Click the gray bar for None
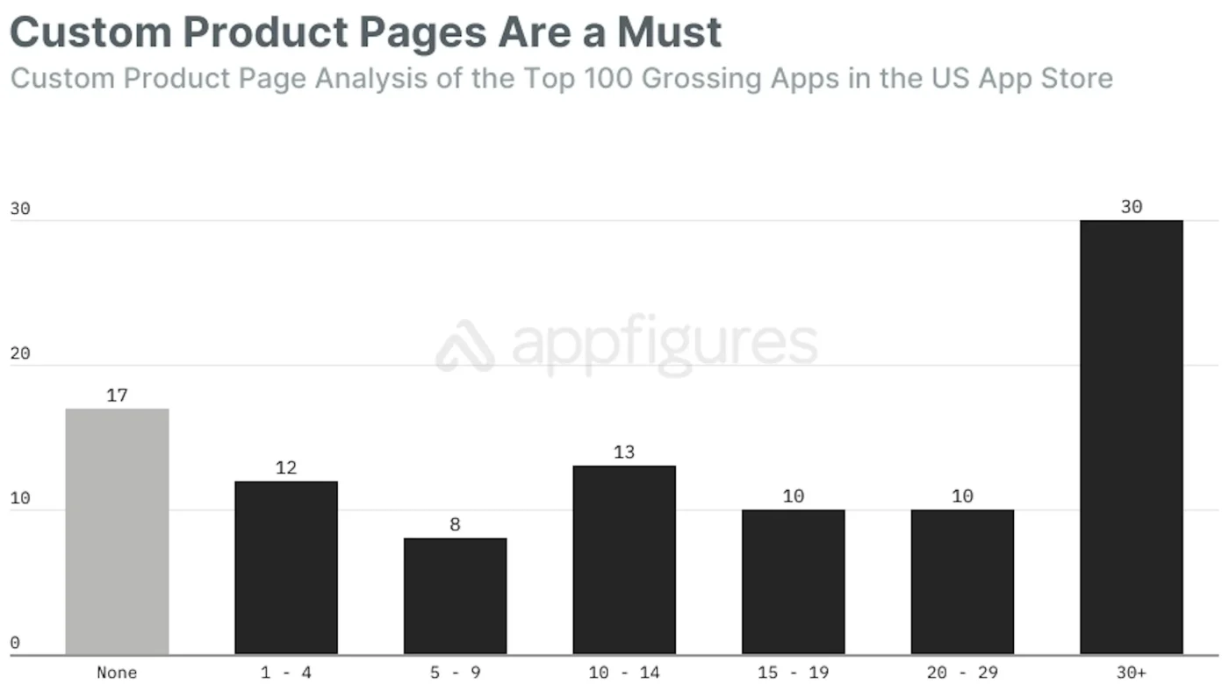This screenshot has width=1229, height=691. [x=117, y=531]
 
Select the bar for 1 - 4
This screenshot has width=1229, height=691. [x=286, y=567]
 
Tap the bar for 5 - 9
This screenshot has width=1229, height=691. [x=455, y=596]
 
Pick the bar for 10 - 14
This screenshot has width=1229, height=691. [x=624, y=559]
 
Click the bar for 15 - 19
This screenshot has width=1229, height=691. [x=793, y=581]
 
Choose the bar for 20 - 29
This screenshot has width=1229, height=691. [x=962, y=581]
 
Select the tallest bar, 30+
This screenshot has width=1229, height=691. [x=1132, y=437]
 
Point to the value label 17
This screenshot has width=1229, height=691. [x=117, y=395]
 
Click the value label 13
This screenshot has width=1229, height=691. [x=624, y=452]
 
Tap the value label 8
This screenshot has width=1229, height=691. [x=455, y=524]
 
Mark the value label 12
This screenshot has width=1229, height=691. [x=286, y=468]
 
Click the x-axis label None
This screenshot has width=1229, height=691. [x=117, y=673]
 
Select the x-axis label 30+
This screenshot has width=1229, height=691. [x=1132, y=673]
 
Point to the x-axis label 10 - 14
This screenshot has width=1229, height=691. [x=624, y=673]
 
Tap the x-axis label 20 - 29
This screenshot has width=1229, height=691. [x=962, y=673]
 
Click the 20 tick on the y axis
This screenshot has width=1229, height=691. [x=19, y=353]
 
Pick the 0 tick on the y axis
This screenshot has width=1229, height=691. [x=14, y=643]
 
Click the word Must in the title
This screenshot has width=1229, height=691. [x=669, y=32]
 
